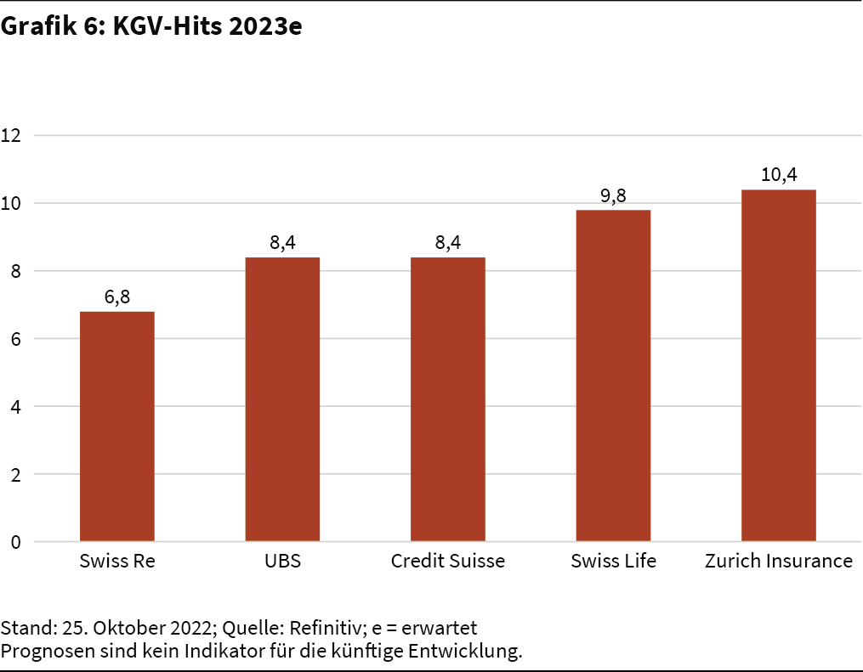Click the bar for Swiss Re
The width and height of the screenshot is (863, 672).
pos(117,426)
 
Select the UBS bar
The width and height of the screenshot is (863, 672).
pos(282,399)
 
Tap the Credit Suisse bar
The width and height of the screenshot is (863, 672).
pos(448,399)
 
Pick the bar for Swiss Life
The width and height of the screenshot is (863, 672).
pos(613,376)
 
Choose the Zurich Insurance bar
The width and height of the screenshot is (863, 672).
pos(779,365)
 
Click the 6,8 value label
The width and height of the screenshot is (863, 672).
pos(117,298)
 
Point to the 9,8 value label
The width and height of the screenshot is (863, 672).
pos(613,196)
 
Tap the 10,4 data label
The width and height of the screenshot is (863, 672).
pos(779,176)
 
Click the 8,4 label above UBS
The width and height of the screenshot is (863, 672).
pos(282,244)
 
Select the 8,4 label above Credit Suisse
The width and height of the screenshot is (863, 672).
pos(448,244)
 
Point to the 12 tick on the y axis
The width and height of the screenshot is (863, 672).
pos(11,135)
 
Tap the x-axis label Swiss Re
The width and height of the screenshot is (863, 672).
pos(117,562)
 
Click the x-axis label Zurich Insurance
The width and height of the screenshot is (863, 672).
pos(779,562)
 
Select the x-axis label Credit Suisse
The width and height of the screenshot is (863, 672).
pos(448,562)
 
